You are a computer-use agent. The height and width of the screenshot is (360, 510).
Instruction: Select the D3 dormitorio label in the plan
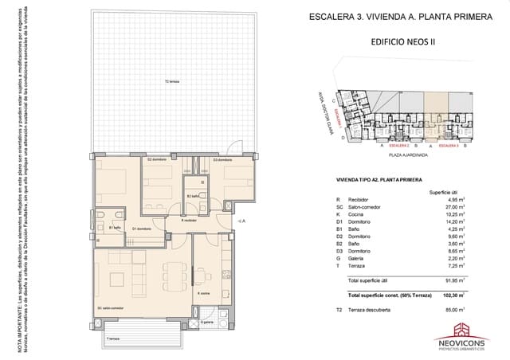click(222, 160)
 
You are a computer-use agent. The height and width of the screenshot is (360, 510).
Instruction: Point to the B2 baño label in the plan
click(193, 196)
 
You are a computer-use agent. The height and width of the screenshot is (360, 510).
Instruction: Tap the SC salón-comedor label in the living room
click(110, 307)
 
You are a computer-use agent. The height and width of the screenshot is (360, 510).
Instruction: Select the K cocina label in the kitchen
click(202, 294)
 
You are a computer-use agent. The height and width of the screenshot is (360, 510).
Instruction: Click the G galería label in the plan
click(207, 323)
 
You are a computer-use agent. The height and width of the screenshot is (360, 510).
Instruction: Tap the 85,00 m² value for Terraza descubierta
click(453, 309)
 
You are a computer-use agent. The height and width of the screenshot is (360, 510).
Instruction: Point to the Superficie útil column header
click(445, 192)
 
